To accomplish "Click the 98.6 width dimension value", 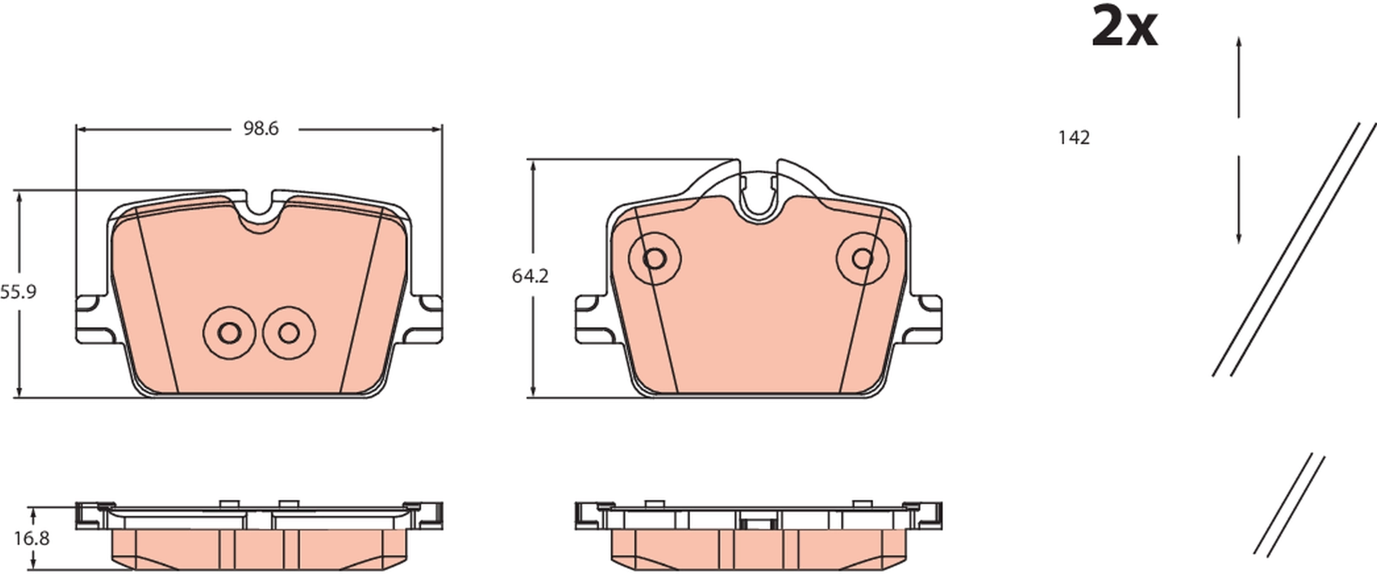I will click(x=261, y=129).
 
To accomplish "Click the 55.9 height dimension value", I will click(x=18, y=292).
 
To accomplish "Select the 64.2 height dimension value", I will click(x=530, y=276).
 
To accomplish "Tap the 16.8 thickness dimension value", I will click(x=32, y=538).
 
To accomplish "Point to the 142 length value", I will click(x=1074, y=138).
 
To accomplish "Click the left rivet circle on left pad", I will click(x=229, y=332).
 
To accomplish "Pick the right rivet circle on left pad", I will click(x=289, y=332).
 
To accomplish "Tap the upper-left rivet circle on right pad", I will click(x=654, y=258).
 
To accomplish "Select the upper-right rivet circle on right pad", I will click(x=862, y=258).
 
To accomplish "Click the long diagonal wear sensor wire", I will click(x=1294, y=251).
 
